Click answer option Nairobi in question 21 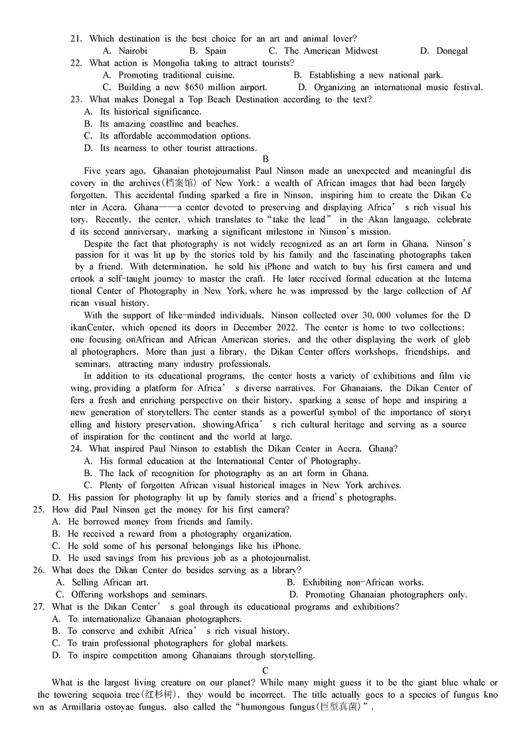(132, 51)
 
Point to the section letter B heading (265, 159)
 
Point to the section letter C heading (265, 670)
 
